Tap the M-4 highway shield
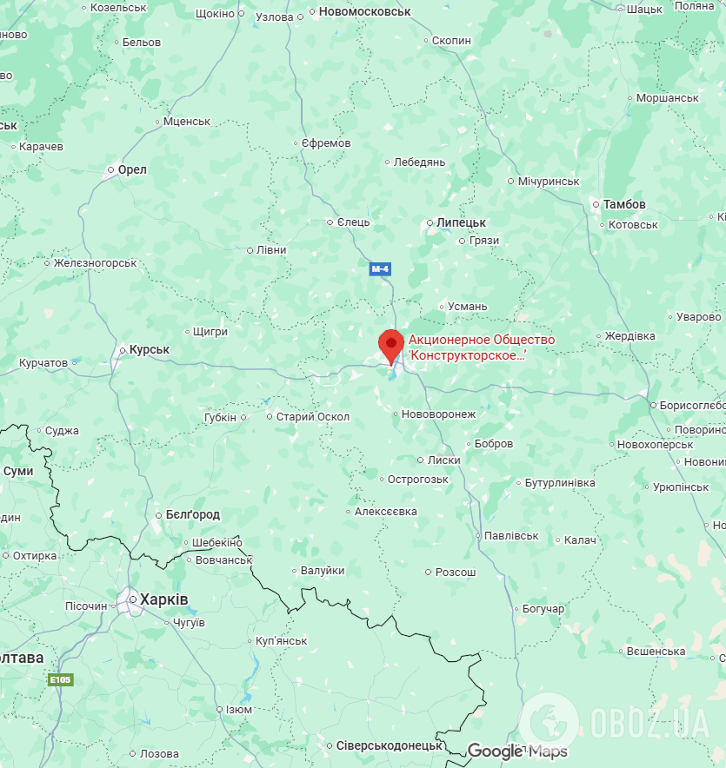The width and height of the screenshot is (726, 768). coord(380,269)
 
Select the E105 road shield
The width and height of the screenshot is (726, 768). coord(60,679)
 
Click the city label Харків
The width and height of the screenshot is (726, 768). coord(164,599)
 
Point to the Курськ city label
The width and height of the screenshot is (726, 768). coord(149,349)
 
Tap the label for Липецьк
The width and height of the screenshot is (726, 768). coord(461,222)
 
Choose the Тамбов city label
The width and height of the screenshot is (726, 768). coord(623,204)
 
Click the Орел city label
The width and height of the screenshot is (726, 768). coord(132,169)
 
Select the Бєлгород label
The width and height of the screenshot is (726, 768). coord(193,514)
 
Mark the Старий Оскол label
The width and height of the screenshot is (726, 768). coord(313,417)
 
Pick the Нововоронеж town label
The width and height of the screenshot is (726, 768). coord(439,414)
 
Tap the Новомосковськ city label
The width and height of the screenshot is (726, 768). coord(365,12)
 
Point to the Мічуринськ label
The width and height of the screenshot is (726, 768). coord(549,181)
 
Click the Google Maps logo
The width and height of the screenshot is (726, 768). coord(517,751)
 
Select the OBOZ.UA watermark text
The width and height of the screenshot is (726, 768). coord(649,720)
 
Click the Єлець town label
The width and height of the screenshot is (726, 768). coord(354,222)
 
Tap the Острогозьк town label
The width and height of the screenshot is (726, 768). coord(418,479)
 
